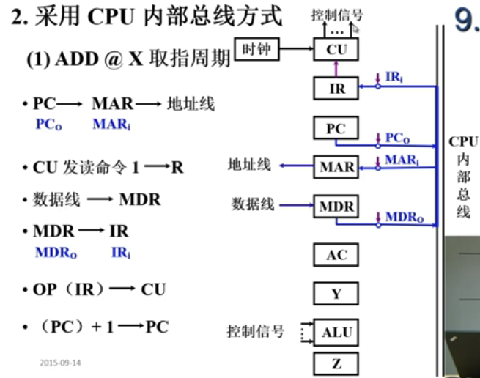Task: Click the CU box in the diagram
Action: (x=336, y=50)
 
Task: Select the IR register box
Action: (x=336, y=89)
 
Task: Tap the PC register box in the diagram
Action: (x=336, y=128)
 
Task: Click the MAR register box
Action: (x=336, y=167)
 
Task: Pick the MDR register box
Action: (x=336, y=207)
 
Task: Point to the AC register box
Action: (x=336, y=255)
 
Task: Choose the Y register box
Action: (x=336, y=293)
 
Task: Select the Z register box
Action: (x=336, y=363)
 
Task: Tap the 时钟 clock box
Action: (x=256, y=50)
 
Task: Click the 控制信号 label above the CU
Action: (x=336, y=15)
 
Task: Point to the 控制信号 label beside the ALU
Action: (x=255, y=332)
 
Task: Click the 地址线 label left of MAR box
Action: (x=248, y=166)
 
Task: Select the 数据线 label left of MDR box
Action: (x=253, y=204)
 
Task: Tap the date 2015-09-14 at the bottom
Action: (x=60, y=363)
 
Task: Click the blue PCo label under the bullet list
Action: (x=49, y=125)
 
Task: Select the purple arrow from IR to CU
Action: (x=336, y=69)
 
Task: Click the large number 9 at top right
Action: (x=466, y=21)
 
